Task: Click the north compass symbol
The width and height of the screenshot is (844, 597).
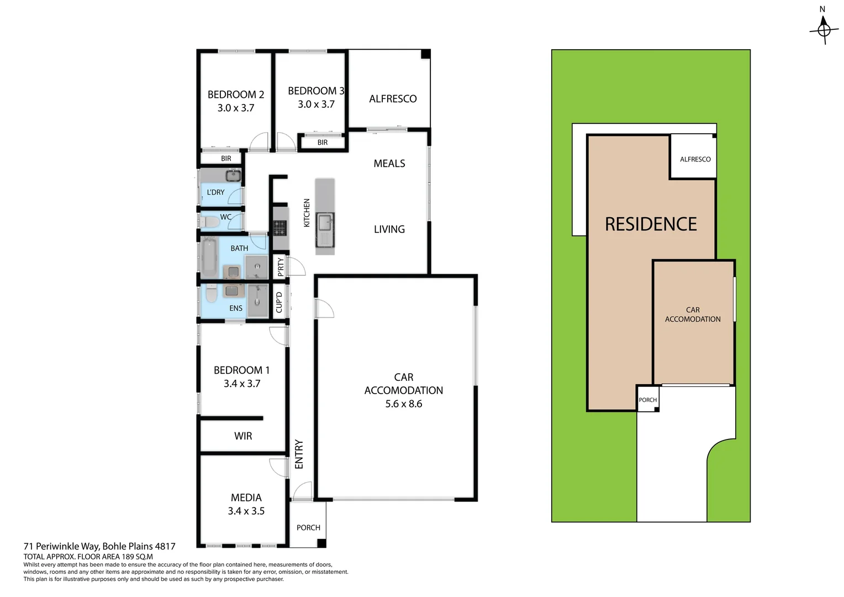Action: pyautogui.click(x=823, y=28)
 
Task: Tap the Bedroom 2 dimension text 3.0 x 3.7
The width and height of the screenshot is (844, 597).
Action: pyautogui.click(x=236, y=108)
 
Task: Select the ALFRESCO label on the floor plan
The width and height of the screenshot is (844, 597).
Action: pyautogui.click(x=393, y=99)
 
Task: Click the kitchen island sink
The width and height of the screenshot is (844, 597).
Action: pyautogui.click(x=324, y=222)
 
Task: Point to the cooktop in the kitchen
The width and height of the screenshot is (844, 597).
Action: pyautogui.click(x=279, y=227)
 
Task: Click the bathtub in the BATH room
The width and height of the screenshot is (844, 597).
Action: pyautogui.click(x=209, y=258)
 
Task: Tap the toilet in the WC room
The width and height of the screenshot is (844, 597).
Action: pyautogui.click(x=210, y=222)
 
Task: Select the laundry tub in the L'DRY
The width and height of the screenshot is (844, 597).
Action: pyautogui.click(x=233, y=176)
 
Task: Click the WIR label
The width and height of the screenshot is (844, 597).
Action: pyautogui.click(x=243, y=436)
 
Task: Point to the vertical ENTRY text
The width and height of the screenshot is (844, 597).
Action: pyautogui.click(x=299, y=454)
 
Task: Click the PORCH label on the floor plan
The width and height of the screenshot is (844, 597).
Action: pyautogui.click(x=308, y=528)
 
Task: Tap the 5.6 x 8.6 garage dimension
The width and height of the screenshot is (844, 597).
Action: pyautogui.click(x=404, y=404)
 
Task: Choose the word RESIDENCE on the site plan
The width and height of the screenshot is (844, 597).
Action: pyautogui.click(x=651, y=224)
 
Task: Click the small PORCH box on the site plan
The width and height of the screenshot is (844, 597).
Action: pyautogui.click(x=647, y=400)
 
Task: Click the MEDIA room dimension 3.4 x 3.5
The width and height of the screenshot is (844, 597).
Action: pyautogui.click(x=246, y=511)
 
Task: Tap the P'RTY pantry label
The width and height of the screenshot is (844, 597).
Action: pyautogui.click(x=281, y=268)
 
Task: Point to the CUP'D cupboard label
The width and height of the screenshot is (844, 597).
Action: pyautogui.click(x=279, y=302)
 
